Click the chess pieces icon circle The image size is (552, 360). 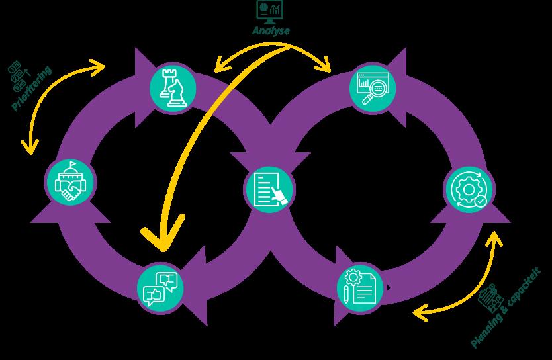[x=173, y=88]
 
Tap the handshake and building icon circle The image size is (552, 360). [x=70, y=182]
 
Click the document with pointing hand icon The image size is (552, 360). [x=269, y=189]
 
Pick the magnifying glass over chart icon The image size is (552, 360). [x=373, y=88]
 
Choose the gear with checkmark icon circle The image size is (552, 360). [x=469, y=190]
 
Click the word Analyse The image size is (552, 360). [x=271, y=30]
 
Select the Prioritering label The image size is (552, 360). [x=32, y=88]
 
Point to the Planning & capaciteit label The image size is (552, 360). [x=505, y=307]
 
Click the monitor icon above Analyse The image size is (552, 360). [x=269, y=12]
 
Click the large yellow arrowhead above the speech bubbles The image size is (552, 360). [x=163, y=234]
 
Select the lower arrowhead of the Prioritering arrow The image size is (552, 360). [x=30, y=147]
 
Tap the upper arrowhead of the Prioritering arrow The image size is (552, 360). [x=98, y=67]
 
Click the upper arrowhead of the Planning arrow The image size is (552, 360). [x=494, y=238]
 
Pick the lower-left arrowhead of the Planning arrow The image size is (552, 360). [x=420, y=313]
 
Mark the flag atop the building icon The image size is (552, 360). [x=72, y=164]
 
